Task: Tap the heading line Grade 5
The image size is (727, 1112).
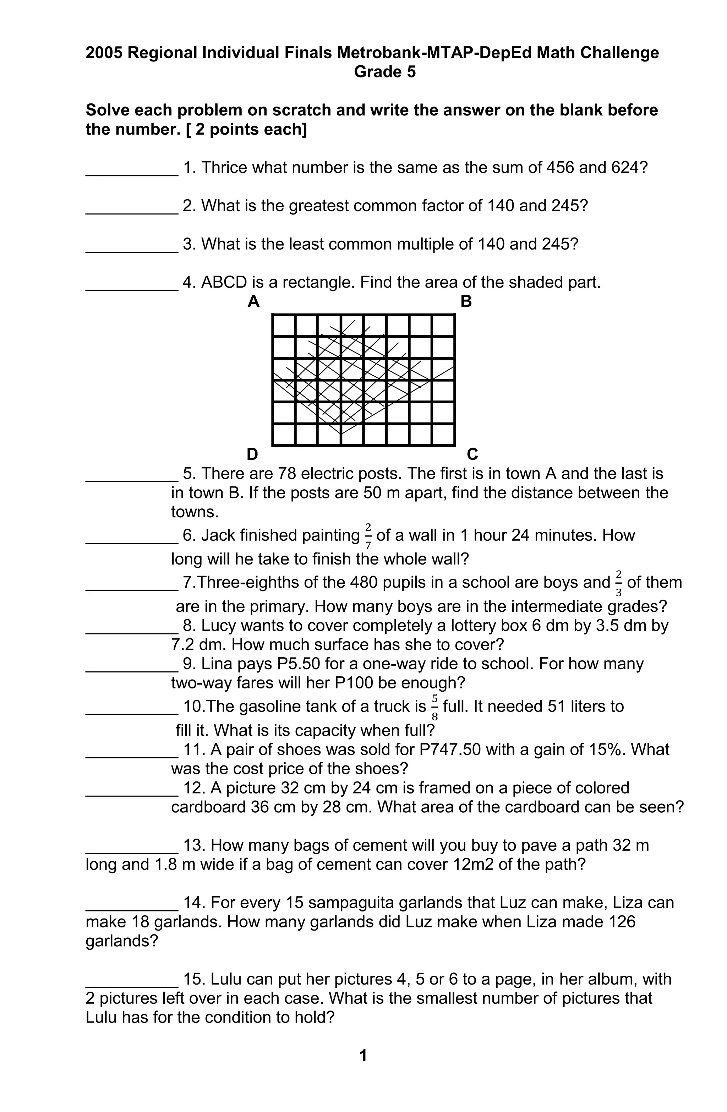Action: point(384,72)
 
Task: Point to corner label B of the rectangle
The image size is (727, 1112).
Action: point(466,302)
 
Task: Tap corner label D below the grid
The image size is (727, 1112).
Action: point(252,454)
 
